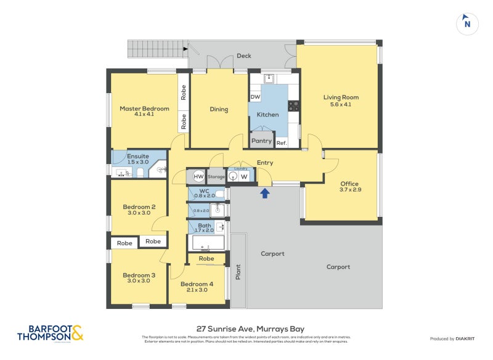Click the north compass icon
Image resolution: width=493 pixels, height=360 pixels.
pos(467,23)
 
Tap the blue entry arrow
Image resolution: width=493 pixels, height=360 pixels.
pos(265,194)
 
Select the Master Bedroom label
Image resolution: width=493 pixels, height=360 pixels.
pos(144,109)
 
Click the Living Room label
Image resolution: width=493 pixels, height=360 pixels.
pos(341,97)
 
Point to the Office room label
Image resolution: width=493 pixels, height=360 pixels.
pos(349,184)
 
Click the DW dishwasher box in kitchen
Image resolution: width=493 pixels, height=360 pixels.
pos(255,97)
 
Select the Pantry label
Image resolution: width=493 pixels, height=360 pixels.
pos(261,141)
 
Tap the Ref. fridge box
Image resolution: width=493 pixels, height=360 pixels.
pos(282,142)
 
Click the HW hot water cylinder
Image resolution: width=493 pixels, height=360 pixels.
pos(198,177)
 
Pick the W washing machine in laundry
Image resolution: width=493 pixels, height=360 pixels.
pos(244,177)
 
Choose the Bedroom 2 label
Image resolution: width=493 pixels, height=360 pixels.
pos(139,207)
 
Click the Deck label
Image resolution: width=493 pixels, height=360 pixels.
pos(243,56)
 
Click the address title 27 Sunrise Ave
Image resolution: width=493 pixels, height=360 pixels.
pos(246,329)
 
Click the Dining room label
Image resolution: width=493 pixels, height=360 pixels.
pos(219,110)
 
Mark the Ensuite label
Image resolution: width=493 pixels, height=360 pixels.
pos(137,156)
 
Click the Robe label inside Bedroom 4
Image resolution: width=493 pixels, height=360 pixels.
pos(206,258)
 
